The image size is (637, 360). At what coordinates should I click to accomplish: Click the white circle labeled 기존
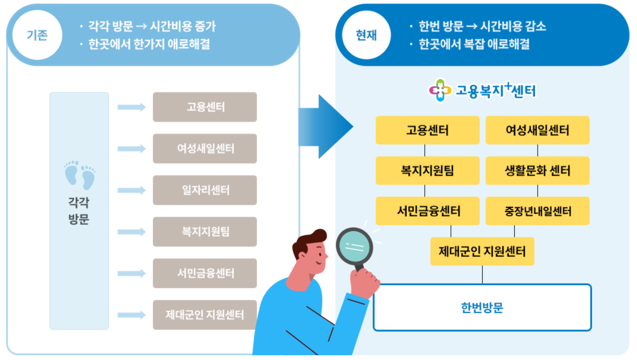click(x=37, y=35)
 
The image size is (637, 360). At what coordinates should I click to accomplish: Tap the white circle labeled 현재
click(x=366, y=35)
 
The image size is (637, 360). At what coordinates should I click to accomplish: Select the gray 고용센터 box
click(x=205, y=107)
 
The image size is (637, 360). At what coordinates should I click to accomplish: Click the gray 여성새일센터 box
click(x=205, y=149)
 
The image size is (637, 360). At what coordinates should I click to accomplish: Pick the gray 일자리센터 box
click(x=205, y=190)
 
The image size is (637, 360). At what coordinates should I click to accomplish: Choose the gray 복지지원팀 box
click(x=205, y=232)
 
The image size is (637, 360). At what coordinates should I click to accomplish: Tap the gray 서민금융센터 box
click(x=205, y=273)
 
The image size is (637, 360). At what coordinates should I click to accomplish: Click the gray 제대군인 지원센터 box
click(x=205, y=315)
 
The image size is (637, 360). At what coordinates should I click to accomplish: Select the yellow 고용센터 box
click(x=427, y=130)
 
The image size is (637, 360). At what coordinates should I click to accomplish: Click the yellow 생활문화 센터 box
click(x=538, y=171)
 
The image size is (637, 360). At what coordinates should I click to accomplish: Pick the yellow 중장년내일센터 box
click(x=538, y=211)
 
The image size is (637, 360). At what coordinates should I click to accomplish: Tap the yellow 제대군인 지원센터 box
click(x=482, y=251)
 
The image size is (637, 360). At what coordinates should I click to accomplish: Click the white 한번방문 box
click(x=482, y=307)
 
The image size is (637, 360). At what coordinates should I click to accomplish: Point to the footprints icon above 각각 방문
click(x=80, y=175)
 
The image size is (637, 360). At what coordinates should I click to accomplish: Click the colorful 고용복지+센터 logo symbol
click(x=440, y=90)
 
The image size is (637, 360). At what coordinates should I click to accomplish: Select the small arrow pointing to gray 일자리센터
click(x=132, y=190)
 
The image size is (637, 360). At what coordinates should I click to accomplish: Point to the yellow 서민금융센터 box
click(x=427, y=211)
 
